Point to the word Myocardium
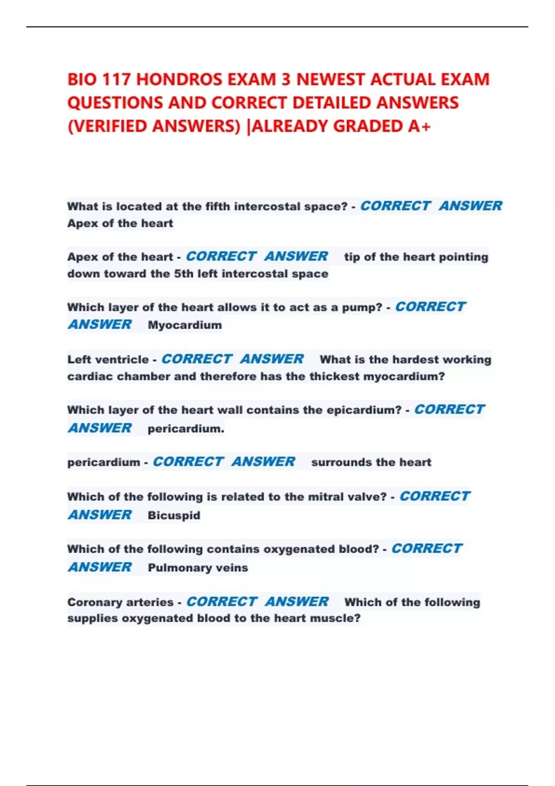185,325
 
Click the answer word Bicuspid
174,515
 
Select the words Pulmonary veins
197,567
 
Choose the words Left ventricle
108,359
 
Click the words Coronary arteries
120,602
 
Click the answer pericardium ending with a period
186,429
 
